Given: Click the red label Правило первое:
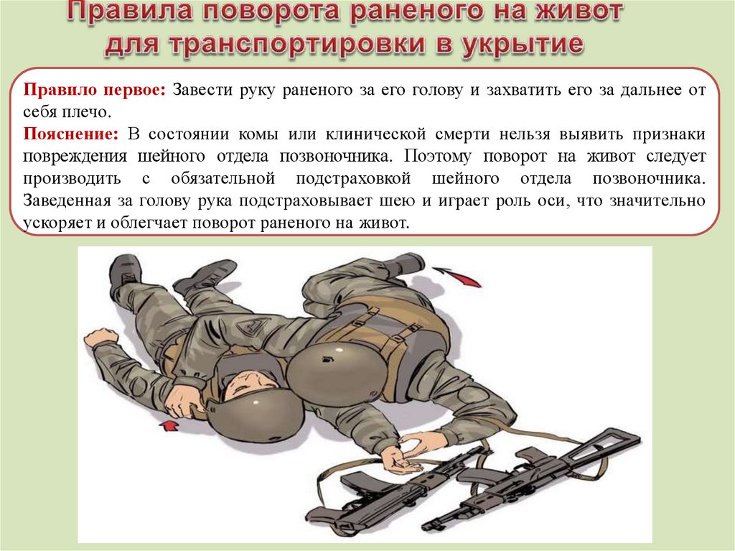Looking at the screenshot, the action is coord(95,89).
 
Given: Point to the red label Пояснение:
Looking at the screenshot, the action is coord(71,134).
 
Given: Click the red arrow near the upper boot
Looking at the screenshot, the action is coord(457,276).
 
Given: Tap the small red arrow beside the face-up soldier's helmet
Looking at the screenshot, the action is coord(169,425).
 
